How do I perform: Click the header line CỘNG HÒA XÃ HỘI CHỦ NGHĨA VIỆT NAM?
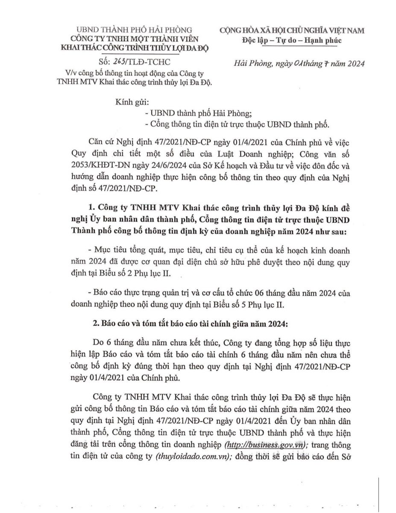292,30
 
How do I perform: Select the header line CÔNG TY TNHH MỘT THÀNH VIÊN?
134,38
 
